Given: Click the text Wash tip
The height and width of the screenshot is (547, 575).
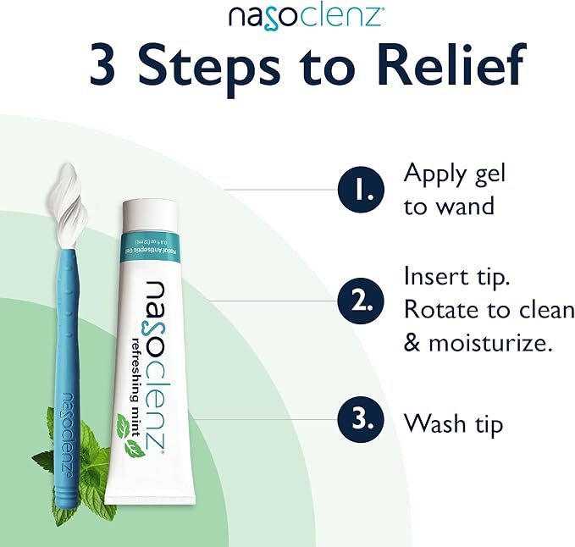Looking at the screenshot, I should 453,422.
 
